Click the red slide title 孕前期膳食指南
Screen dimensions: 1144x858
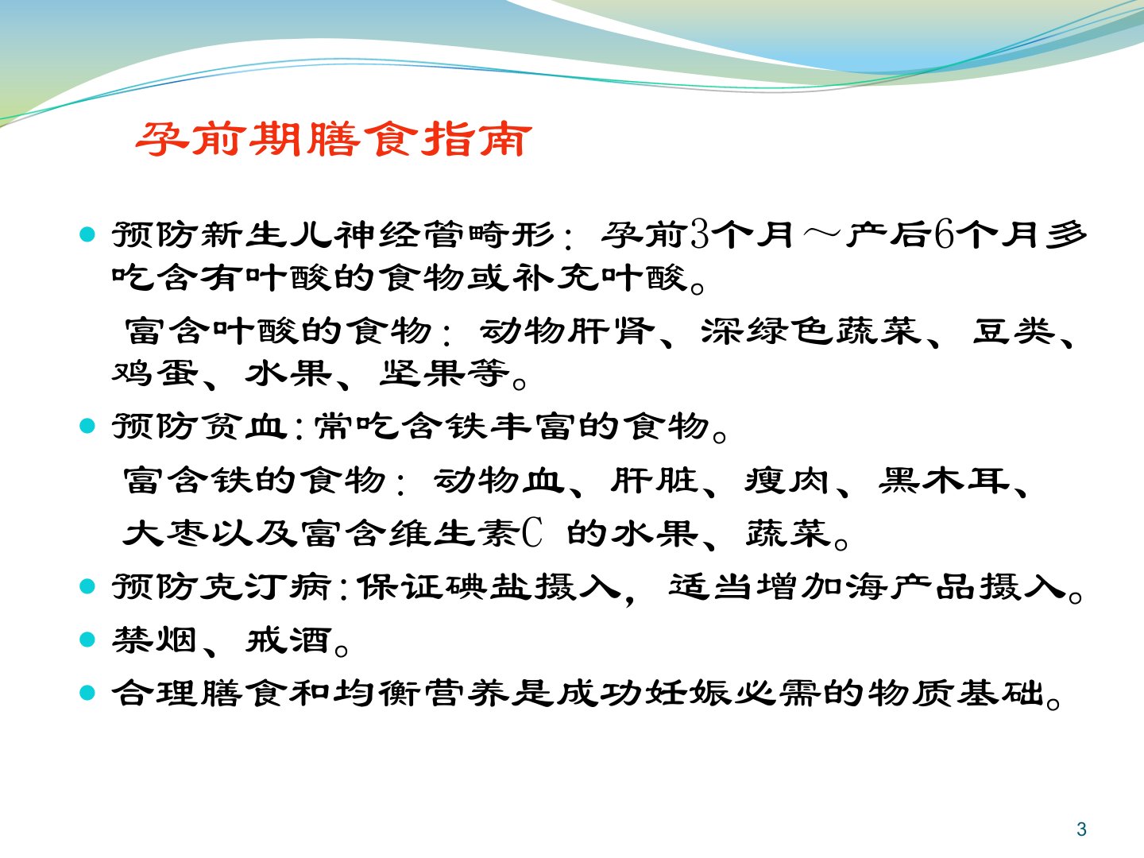pos(334,139)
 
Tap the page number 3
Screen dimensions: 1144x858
pos(1081,829)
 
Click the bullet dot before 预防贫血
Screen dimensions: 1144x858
pos(87,426)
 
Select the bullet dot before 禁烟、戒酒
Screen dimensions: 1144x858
pos(87,640)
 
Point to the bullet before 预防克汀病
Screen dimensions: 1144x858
pos(87,586)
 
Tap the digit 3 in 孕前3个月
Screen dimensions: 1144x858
pos(699,234)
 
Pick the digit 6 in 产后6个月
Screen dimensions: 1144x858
pos(944,234)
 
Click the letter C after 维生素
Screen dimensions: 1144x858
pos(532,533)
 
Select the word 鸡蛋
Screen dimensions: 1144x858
pos(155,373)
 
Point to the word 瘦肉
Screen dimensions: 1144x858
pos(787,480)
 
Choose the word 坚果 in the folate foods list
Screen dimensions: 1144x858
pos(423,373)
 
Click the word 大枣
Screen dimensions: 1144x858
pos(165,533)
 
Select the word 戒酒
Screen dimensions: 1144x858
pos(288,640)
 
